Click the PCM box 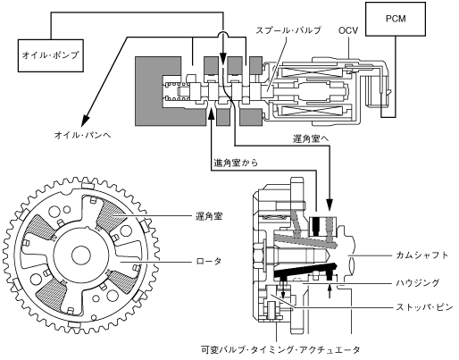pyautogui.click(x=396, y=19)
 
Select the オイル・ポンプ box pyautogui.click(x=51, y=55)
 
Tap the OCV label pyautogui.click(x=348, y=30)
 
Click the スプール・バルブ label pyautogui.click(x=288, y=30)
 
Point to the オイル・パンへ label pyautogui.click(x=82, y=135)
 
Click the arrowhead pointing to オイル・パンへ pyautogui.click(x=86, y=119)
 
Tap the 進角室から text pyautogui.click(x=236, y=163)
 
